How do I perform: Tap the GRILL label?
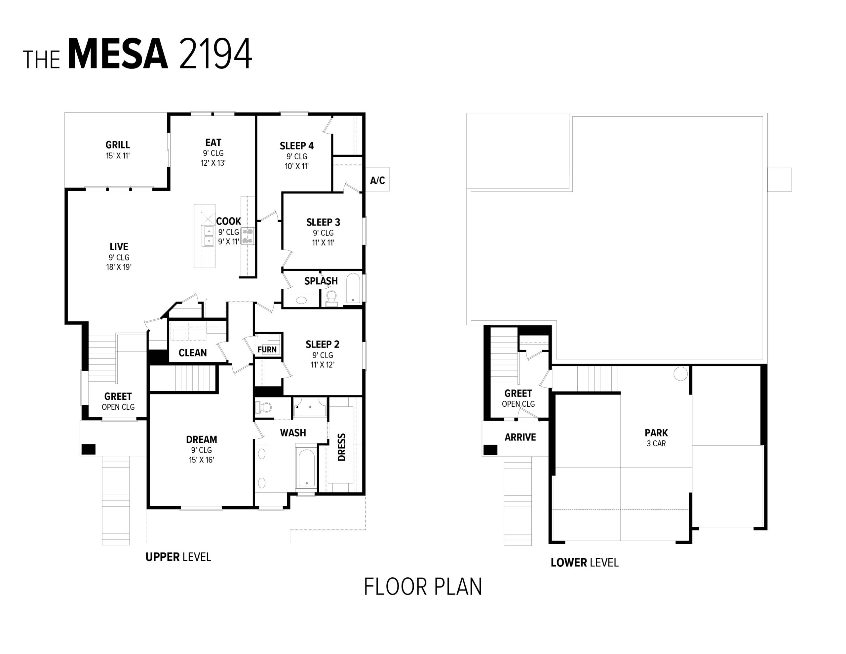click(x=117, y=144)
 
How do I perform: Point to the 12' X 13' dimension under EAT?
click(x=213, y=163)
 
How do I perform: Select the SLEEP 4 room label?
click(x=297, y=146)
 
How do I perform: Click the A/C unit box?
click(x=377, y=180)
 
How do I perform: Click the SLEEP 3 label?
click(x=323, y=222)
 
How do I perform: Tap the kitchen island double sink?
click(x=209, y=236)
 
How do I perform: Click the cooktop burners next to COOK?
click(x=247, y=236)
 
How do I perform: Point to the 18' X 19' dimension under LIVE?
click(x=119, y=267)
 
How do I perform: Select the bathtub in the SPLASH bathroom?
click(x=353, y=288)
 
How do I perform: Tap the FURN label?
click(x=267, y=349)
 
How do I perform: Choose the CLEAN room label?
click(x=193, y=353)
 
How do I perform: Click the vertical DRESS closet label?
click(x=342, y=447)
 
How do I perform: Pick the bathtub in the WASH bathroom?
click(x=306, y=468)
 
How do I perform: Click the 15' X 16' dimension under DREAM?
click(x=202, y=460)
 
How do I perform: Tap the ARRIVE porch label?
click(x=520, y=437)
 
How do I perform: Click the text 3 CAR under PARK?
click(x=656, y=443)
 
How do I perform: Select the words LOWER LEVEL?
click(x=584, y=562)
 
